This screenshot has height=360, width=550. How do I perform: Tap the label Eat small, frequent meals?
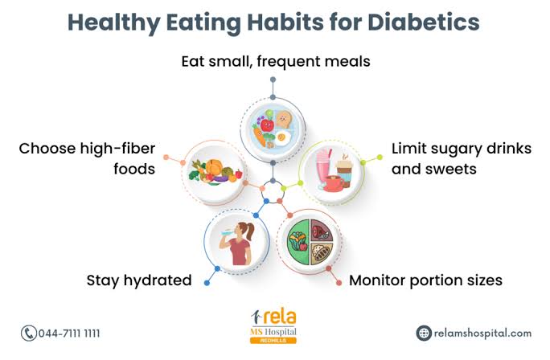point(273,61)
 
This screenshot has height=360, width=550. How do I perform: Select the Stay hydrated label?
point(139,280)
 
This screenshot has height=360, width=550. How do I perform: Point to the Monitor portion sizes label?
point(425,280)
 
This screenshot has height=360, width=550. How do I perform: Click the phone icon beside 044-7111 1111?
point(28,333)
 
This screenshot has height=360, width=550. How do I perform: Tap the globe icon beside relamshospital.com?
point(424,333)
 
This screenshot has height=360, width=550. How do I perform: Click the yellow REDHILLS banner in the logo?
point(273,340)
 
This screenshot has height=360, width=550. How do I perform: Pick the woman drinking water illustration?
point(239,242)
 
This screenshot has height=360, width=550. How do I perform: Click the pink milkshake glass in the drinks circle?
point(324,164)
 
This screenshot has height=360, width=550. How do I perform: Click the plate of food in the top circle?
point(273,129)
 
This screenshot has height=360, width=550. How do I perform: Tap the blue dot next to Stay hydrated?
point(207,281)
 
